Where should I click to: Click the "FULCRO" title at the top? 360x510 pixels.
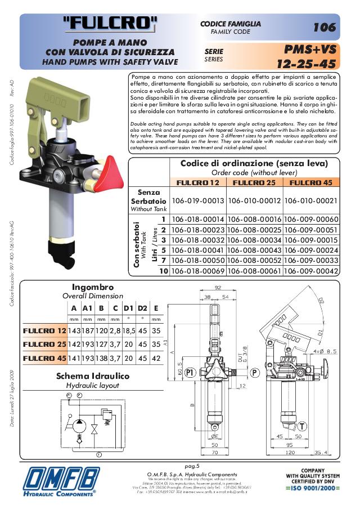click(x=110, y=23)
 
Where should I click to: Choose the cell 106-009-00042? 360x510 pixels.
click(x=311, y=271)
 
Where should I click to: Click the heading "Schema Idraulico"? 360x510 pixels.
click(x=93, y=376)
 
